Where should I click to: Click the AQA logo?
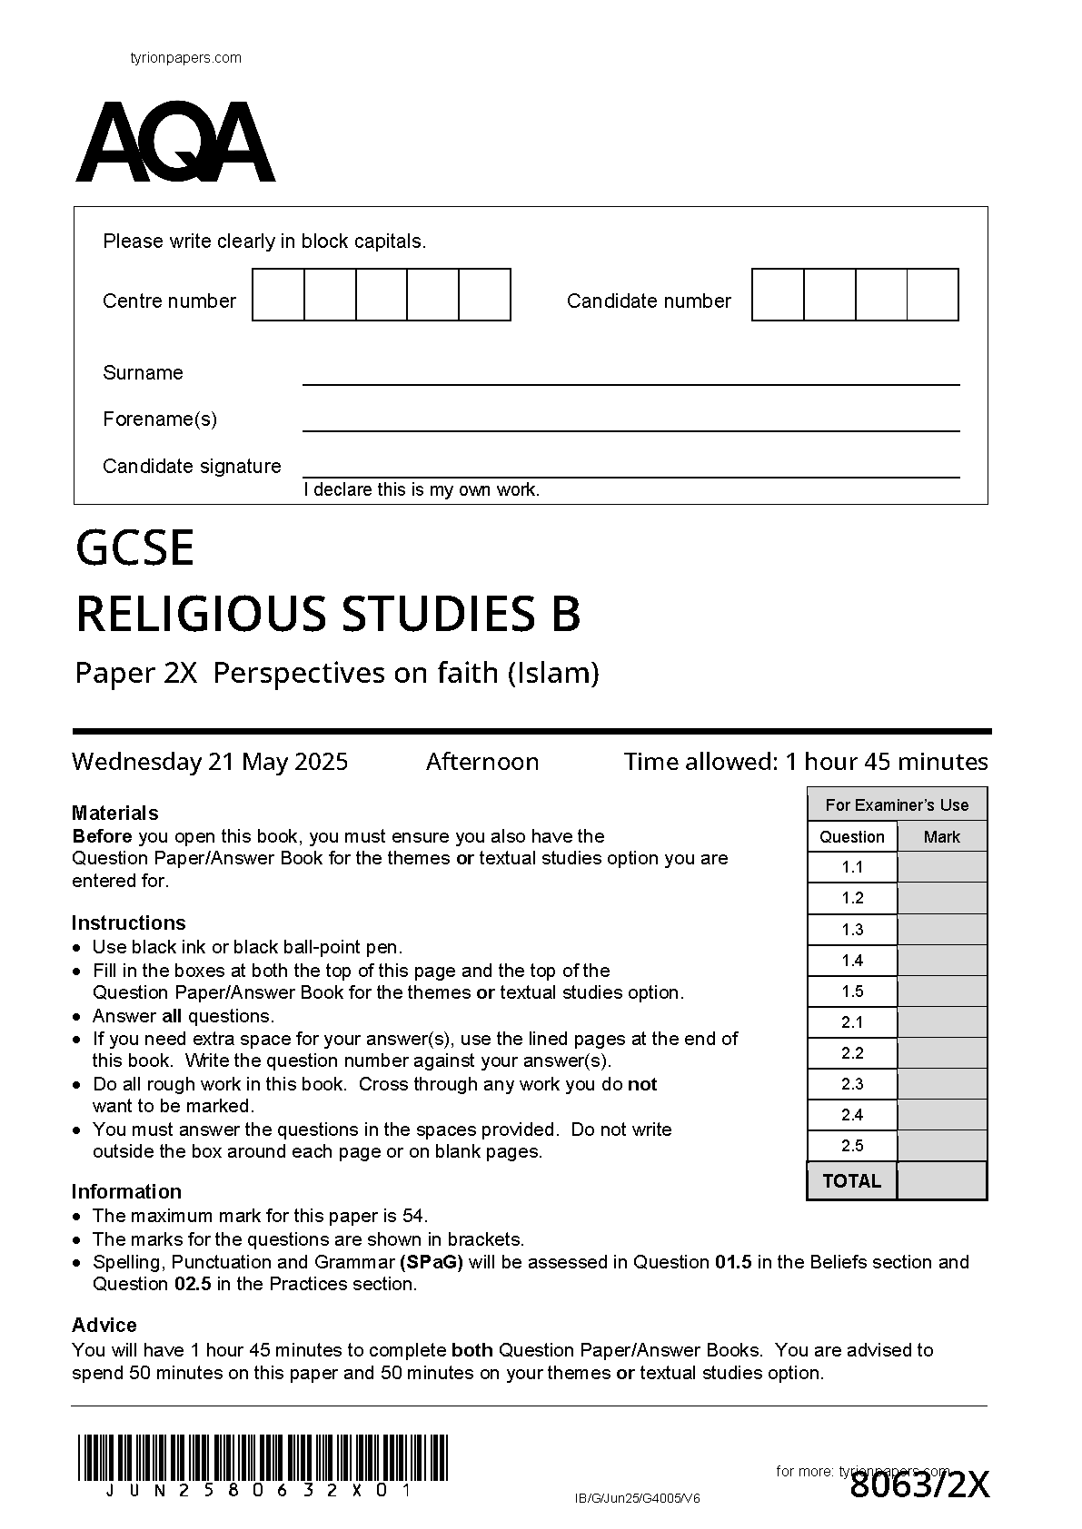[174, 143]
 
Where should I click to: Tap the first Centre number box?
[278, 294]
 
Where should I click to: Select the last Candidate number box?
[933, 294]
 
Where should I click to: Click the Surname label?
[143, 372]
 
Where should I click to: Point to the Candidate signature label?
[192, 466]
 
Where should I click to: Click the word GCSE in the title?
[134, 547]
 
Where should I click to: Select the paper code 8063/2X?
[919, 1485]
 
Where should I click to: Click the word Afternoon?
[482, 761]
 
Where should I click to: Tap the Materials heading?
[114, 813]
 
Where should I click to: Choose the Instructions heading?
[128, 922]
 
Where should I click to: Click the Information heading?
[126, 1191]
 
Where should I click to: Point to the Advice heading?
[104, 1325]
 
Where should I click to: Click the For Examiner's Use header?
[897, 804]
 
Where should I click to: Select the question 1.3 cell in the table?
[852, 929]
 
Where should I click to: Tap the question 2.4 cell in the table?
[852, 1114]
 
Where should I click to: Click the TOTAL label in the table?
[851, 1180]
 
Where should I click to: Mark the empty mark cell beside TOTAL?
[941, 1180]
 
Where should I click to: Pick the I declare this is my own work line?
[422, 489]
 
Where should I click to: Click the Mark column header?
[941, 836]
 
